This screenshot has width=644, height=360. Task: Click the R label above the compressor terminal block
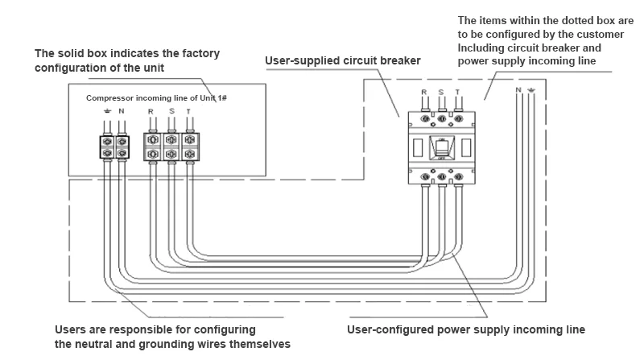click(151, 111)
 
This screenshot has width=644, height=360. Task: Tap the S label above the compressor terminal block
click(171, 111)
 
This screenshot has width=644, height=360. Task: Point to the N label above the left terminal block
click(122, 111)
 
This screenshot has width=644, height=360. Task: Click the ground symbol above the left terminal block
click(107, 111)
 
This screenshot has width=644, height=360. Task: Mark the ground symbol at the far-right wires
click(530, 89)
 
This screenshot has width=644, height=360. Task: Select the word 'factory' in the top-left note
click(196, 53)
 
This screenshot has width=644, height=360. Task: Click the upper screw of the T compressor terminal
click(189, 139)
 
